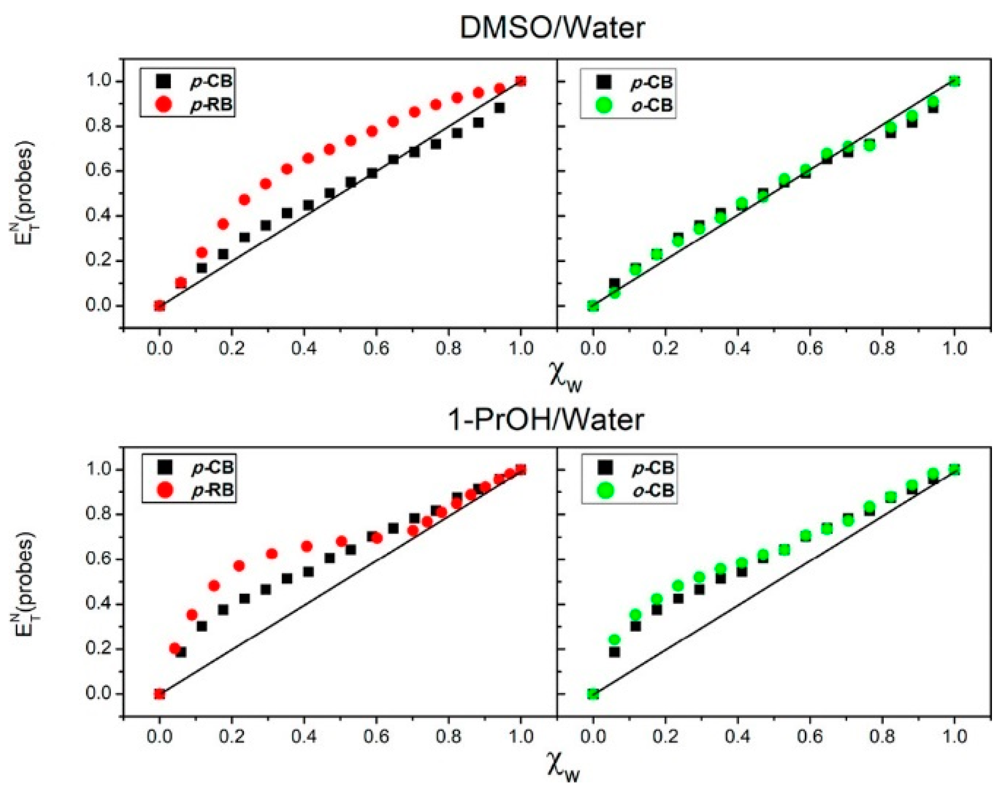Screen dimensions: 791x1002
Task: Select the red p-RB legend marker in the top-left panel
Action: pos(164,105)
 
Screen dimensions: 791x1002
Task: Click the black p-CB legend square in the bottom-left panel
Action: pos(164,467)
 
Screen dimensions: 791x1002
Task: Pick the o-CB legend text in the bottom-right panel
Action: pos(653,490)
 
